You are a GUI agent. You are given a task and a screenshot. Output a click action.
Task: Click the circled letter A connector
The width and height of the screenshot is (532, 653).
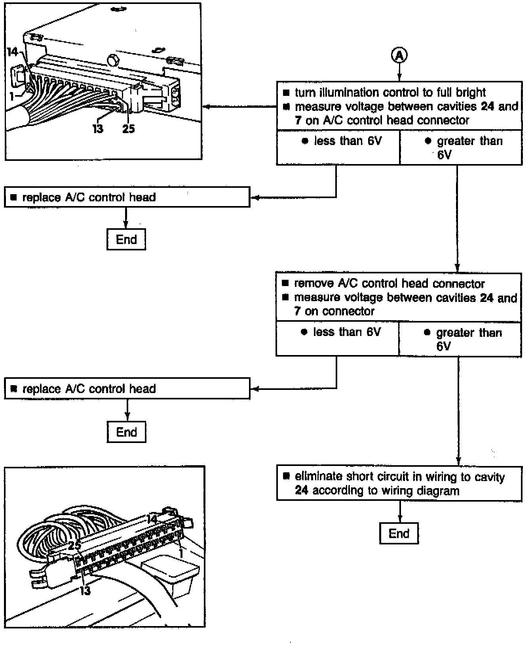pyautogui.click(x=399, y=56)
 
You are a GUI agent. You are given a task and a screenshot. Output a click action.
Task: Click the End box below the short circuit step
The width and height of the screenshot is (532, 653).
pyautogui.click(x=399, y=533)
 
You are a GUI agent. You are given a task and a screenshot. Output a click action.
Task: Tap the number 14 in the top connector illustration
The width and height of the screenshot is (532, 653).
pyautogui.click(x=12, y=52)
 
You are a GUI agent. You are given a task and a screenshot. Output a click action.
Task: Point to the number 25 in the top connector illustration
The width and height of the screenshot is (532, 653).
pyautogui.click(x=128, y=129)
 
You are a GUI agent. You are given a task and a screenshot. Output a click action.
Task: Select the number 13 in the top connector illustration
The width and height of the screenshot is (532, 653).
pyautogui.click(x=98, y=129)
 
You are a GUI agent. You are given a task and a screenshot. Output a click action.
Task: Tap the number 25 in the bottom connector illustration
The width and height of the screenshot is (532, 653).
pyautogui.click(x=74, y=546)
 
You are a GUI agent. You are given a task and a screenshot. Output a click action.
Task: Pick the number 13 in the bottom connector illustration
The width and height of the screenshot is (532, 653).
pyautogui.click(x=85, y=590)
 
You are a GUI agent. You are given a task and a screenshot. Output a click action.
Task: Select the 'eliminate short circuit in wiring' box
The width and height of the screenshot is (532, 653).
pyautogui.click(x=399, y=483)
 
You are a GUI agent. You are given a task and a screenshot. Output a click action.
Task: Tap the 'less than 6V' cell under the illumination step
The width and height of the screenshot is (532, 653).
pyautogui.click(x=338, y=147)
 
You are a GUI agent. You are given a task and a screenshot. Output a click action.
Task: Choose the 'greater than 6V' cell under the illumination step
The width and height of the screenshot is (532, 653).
pyautogui.click(x=461, y=147)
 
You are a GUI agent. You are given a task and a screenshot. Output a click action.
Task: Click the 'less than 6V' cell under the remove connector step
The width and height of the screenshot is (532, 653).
pyautogui.click(x=337, y=338)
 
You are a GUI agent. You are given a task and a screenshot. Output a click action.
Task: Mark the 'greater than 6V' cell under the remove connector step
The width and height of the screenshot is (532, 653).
pyautogui.click(x=460, y=339)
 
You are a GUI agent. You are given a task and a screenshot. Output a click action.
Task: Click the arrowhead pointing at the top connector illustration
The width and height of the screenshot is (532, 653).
pyautogui.click(x=206, y=106)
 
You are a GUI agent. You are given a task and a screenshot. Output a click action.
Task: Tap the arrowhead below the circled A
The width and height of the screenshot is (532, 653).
pyautogui.click(x=399, y=78)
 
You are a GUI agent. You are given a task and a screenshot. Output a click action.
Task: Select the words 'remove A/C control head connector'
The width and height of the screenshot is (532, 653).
pyautogui.click(x=389, y=284)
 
